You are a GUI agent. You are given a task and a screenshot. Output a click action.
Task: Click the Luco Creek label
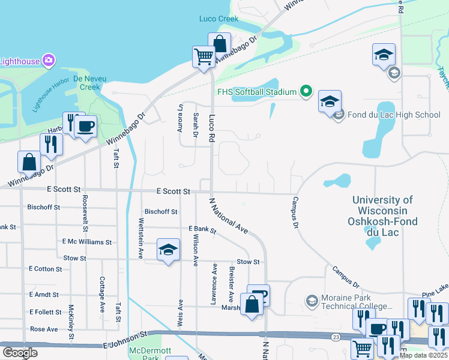point(218,19)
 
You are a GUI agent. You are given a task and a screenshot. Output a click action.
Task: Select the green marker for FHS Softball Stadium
point(306,92)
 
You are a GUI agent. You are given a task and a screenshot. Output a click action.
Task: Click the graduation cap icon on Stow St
point(169,250)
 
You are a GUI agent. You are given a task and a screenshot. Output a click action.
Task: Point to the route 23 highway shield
point(334,338)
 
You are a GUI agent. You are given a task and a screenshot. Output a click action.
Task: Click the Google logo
point(20,353)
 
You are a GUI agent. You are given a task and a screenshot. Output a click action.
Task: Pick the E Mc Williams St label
point(87,242)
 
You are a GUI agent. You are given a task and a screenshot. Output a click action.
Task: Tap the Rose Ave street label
point(44,329)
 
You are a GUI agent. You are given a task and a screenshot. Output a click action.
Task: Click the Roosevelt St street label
point(85,213)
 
